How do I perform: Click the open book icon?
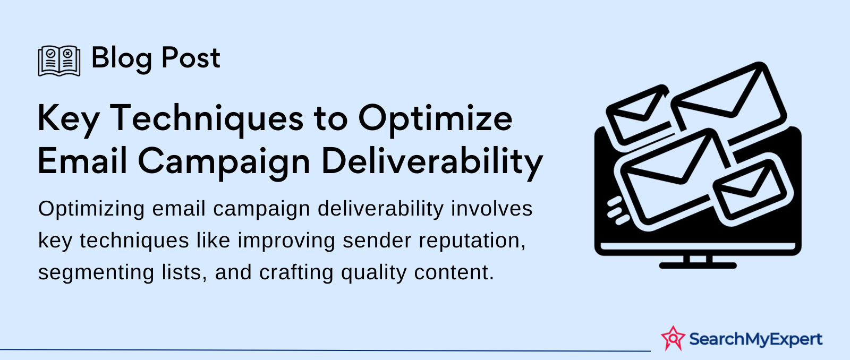pyautogui.click(x=59, y=61)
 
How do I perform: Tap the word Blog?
pyautogui.click(x=122, y=59)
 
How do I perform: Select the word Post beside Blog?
pyautogui.click(x=191, y=58)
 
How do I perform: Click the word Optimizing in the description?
pyautogui.click(x=91, y=210)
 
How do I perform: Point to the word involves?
pyautogui.click(x=491, y=209)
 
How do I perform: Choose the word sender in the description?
pyautogui.click(x=377, y=241)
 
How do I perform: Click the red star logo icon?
pyautogui.click(x=673, y=338)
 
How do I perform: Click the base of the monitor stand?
pyautogui.click(x=698, y=265)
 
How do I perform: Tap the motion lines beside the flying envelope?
pyautogui.click(x=617, y=211)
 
